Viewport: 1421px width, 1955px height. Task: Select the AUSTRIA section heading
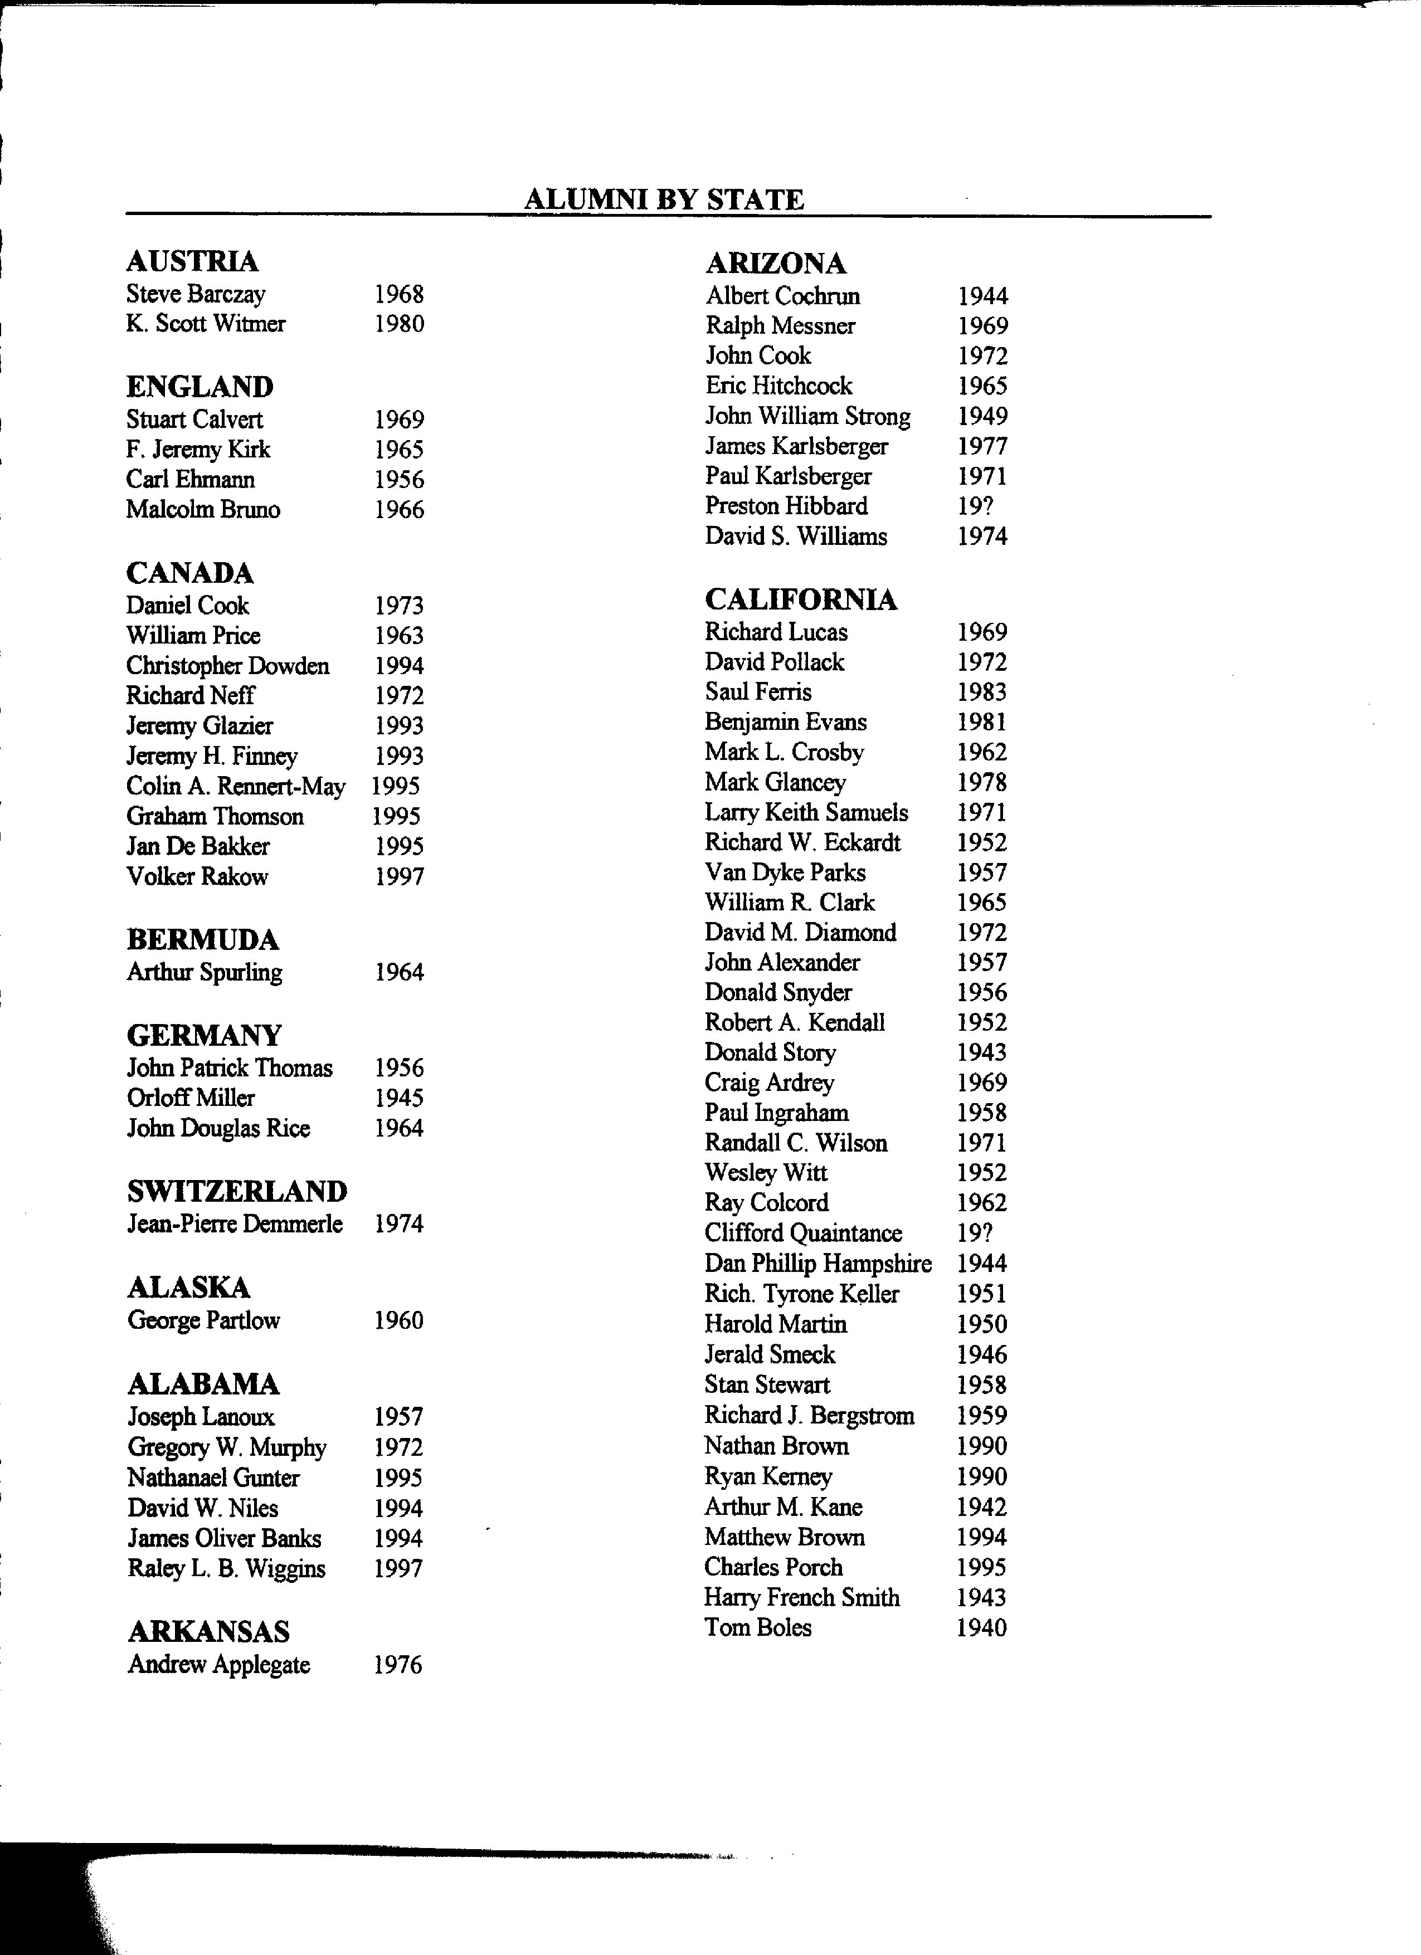pyautogui.click(x=192, y=261)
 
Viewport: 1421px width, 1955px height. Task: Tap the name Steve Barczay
pyautogui.click(x=196, y=294)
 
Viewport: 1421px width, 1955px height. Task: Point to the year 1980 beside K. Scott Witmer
pyautogui.click(x=398, y=324)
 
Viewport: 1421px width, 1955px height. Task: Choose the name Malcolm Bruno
pyautogui.click(x=203, y=509)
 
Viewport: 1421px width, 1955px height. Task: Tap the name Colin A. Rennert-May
pyautogui.click(x=235, y=786)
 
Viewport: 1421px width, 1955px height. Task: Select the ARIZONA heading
pyautogui.click(x=775, y=263)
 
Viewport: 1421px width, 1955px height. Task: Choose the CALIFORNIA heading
pyautogui.click(x=800, y=600)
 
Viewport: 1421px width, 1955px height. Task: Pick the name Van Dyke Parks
pyautogui.click(x=785, y=872)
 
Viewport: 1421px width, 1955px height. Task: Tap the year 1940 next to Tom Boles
pyautogui.click(x=981, y=1629)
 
